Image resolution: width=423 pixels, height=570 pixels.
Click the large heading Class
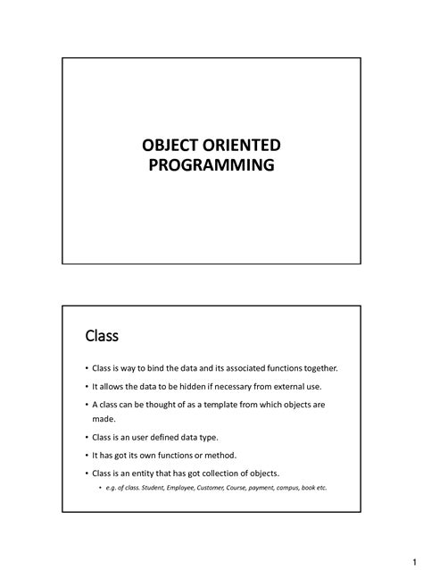pos(102,336)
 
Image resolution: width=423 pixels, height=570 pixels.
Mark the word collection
pos(227,473)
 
